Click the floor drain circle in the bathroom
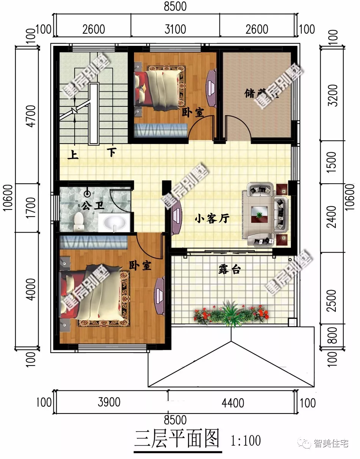[x=88, y=194]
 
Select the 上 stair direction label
[x=73, y=155]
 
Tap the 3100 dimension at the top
[x=175, y=29]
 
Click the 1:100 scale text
[x=246, y=441]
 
